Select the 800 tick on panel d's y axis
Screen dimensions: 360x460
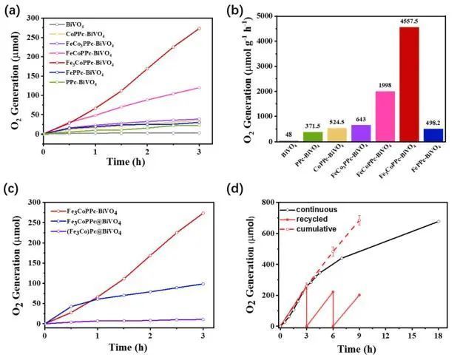[x=266, y=202]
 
